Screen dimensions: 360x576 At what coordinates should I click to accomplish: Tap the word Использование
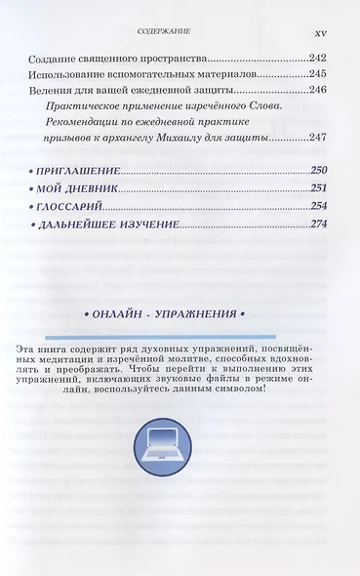(x=65, y=75)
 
